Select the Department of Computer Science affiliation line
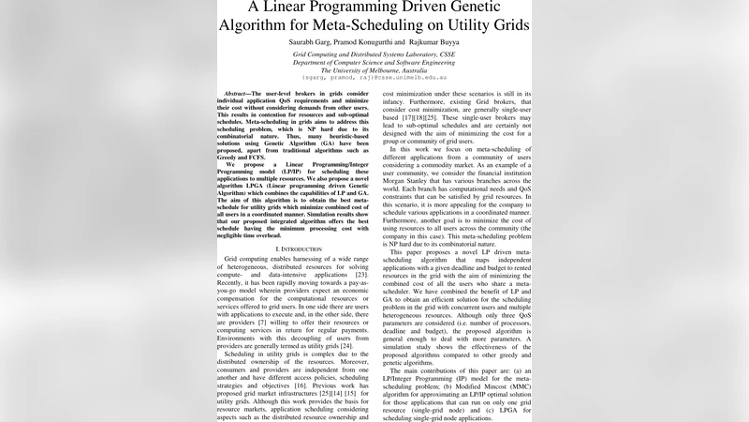[x=374, y=63]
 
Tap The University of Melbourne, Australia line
[x=374, y=70]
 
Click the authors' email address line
[x=374, y=79]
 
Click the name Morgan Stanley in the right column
[x=411, y=180]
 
